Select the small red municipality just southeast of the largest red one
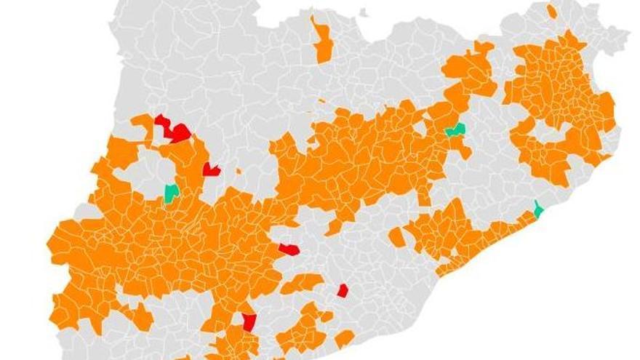(211, 169)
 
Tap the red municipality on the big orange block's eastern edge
(288, 249)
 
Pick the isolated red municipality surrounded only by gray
(343, 291)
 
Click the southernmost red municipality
(249, 321)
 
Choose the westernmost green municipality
(172, 193)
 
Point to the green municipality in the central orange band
(456, 130)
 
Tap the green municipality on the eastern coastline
(538, 211)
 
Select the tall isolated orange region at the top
(322, 42)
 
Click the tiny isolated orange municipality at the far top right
(552, 11)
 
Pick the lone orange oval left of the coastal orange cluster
(397, 237)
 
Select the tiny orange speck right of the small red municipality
(239, 171)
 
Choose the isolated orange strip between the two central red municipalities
(302, 283)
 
